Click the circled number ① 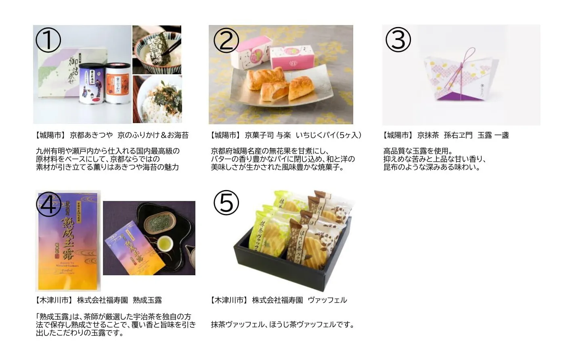point(48,40)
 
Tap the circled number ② point(226,40)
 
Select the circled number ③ point(398,40)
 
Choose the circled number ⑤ point(226,203)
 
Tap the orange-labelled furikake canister point(117,84)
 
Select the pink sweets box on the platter point(292,59)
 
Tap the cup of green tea point(165,243)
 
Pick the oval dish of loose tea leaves point(160,221)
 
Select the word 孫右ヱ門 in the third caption point(458,135)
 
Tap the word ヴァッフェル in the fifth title point(327,300)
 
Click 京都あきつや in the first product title point(91,135)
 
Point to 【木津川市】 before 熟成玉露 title point(53,300)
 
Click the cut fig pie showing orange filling point(275,92)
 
